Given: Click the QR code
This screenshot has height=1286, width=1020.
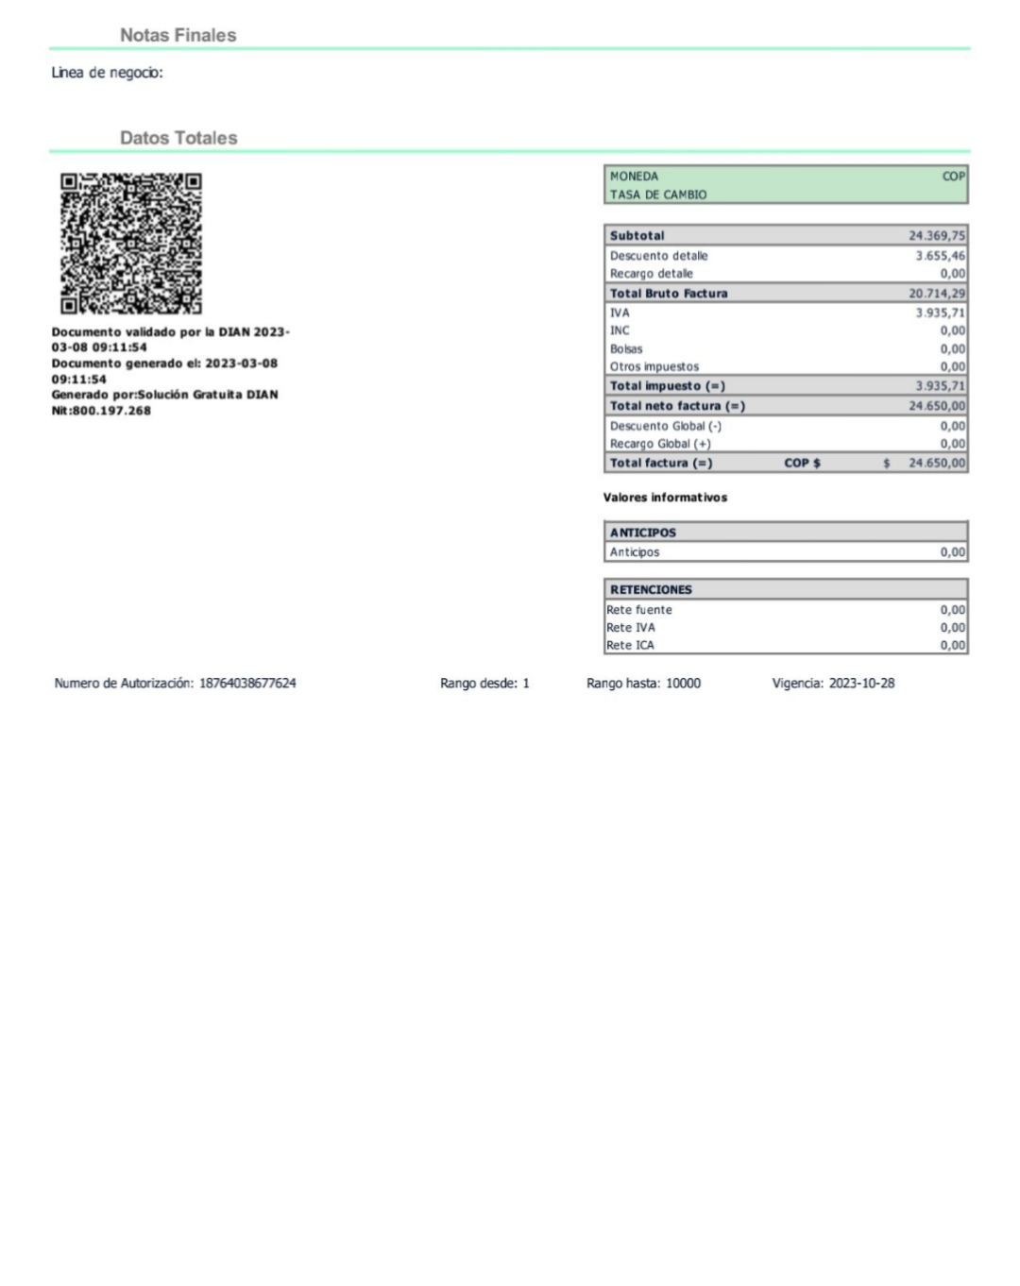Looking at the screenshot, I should (x=131, y=244).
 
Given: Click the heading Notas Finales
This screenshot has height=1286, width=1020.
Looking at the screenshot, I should (x=178, y=35).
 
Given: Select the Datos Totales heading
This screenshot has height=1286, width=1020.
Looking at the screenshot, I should (x=178, y=138).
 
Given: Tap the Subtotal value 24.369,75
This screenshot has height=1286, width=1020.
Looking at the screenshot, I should (x=936, y=236).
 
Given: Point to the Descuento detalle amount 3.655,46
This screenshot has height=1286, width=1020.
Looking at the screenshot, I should (x=940, y=256).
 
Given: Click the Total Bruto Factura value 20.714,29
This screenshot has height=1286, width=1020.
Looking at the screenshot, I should (x=936, y=294).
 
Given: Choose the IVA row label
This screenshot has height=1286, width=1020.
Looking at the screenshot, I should (x=620, y=313).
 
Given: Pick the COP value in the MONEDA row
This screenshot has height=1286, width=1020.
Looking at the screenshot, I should (x=953, y=177).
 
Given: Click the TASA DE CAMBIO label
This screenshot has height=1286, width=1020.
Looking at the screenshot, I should (x=657, y=195).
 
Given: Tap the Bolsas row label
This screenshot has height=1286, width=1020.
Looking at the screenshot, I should (x=625, y=349).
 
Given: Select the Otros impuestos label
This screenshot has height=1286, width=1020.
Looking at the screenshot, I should (x=654, y=367).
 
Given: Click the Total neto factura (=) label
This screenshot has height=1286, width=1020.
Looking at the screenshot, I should (x=676, y=406).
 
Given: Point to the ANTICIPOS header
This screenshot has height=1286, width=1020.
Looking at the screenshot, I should (x=642, y=533).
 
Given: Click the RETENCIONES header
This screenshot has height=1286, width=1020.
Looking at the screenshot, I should (x=651, y=589).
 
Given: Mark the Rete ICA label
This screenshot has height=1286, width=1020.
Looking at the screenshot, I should (x=630, y=646).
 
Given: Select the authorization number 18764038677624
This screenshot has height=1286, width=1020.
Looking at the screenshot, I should (x=247, y=683).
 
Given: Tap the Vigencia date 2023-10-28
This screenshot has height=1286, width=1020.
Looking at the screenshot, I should (x=861, y=683).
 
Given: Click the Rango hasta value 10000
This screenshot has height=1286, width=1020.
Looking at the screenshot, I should (x=683, y=683).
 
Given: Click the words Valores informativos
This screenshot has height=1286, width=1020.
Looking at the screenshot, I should (x=665, y=498).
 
